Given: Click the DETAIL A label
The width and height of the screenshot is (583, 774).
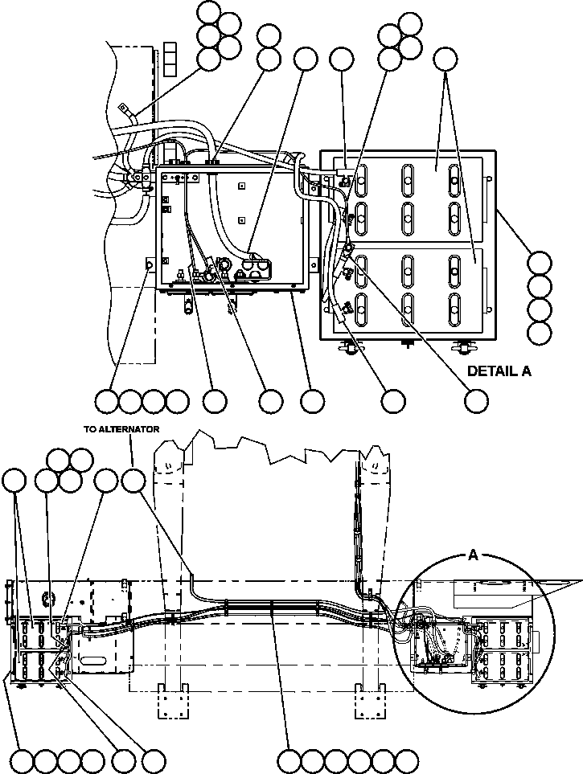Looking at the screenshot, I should [x=499, y=371].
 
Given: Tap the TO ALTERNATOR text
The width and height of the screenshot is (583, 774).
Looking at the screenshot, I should [x=121, y=429].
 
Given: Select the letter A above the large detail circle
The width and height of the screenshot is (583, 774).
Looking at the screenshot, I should [x=473, y=555].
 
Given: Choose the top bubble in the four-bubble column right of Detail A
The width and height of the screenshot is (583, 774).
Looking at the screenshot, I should [x=540, y=263].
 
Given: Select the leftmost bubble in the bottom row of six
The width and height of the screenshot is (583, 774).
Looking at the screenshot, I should [x=289, y=760].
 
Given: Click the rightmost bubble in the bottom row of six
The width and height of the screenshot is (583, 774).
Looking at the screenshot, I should [x=407, y=760].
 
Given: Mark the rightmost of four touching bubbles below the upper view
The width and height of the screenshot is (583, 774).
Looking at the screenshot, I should [x=177, y=400].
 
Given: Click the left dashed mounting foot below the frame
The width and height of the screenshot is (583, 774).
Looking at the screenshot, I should [x=173, y=699].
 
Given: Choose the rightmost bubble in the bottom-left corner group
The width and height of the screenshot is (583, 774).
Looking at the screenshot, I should [x=153, y=760].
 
